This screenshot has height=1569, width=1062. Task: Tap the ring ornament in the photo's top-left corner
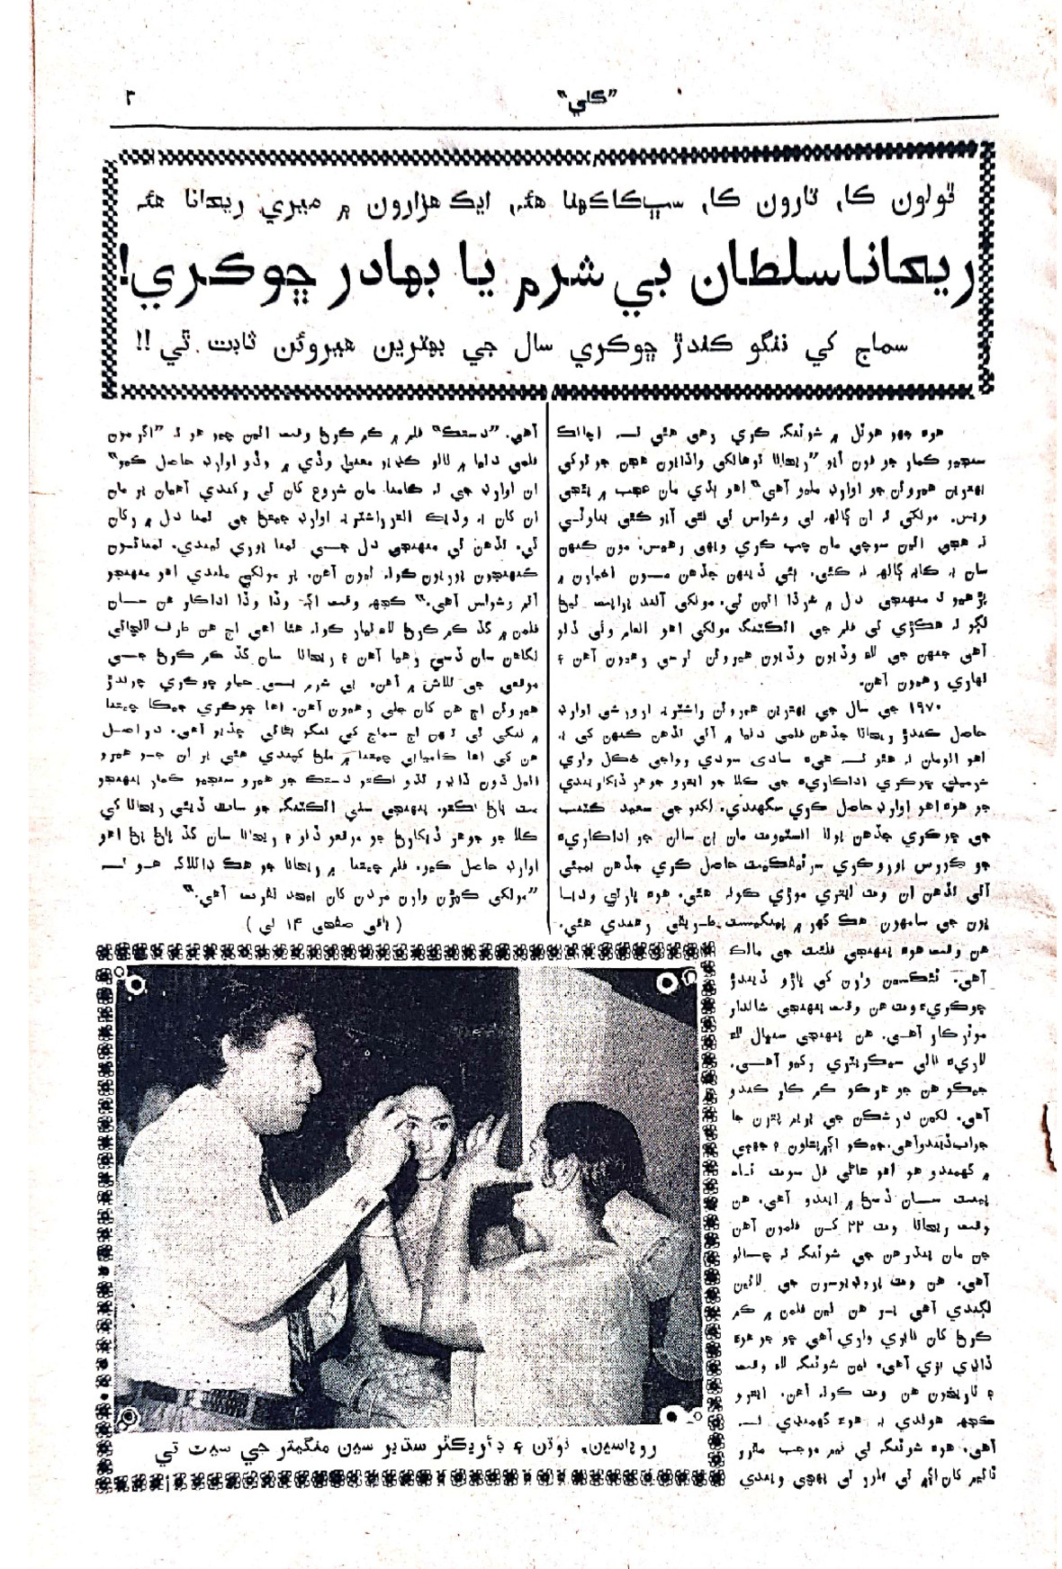point(134,987)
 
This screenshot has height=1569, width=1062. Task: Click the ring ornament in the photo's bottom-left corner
point(134,1417)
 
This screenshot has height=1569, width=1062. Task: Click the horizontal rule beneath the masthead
point(558,118)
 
